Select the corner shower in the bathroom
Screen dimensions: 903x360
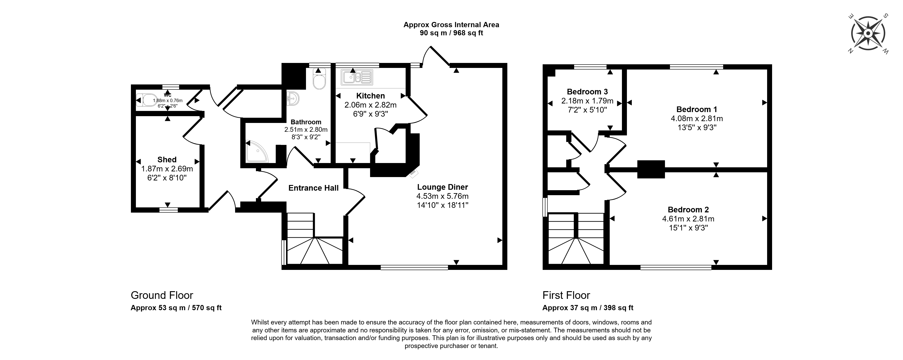tap(257, 152)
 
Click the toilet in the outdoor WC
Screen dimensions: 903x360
tap(146, 100)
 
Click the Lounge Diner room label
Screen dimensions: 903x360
tap(442, 187)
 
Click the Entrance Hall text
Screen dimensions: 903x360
tap(313, 188)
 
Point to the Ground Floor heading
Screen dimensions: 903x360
tap(162, 295)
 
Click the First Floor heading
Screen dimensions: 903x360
tap(566, 295)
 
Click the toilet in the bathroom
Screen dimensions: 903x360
tap(319, 79)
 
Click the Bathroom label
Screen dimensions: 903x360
tap(306, 122)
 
